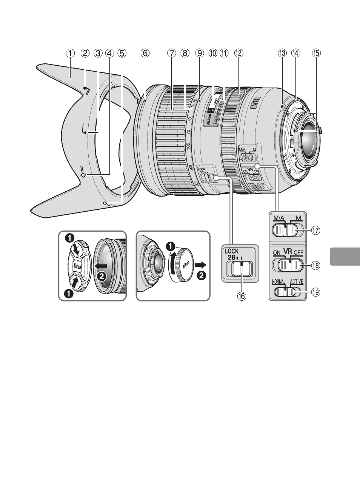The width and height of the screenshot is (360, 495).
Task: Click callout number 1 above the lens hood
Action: point(70,53)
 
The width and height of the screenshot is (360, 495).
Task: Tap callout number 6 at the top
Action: point(145,53)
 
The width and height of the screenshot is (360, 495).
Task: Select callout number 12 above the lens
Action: point(238,53)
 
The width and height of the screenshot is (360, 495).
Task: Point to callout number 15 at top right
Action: point(316,53)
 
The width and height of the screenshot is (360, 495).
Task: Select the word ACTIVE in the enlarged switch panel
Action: point(297,281)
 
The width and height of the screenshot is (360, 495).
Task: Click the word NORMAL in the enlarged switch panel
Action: point(278,281)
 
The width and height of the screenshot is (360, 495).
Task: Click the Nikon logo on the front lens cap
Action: point(77,266)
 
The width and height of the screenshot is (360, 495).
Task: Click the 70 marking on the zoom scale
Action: point(189,132)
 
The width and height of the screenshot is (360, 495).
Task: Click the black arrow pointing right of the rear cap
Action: point(202,264)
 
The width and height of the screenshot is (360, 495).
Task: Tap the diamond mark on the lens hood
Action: point(83,175)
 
